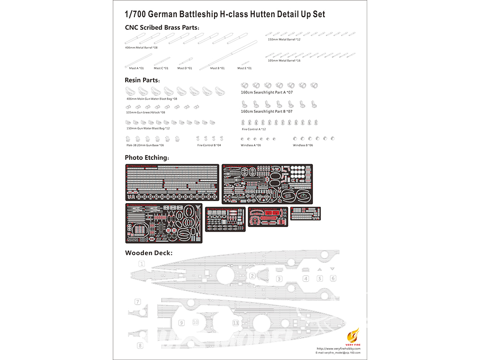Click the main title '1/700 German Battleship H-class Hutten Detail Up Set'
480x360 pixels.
pos(225,14)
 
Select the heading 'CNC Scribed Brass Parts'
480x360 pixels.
pos(162,27)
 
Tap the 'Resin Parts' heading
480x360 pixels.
pos(142,80)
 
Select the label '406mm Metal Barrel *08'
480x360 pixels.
pos(141,48)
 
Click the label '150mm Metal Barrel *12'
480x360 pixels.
pos(285,39)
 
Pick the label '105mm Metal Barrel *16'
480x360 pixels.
pos(285,60)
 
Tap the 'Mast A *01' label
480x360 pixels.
pos(136,68)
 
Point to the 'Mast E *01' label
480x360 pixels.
pos(244,68)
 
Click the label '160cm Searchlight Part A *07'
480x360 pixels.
pos(266,92)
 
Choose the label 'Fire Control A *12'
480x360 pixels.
pos(254,129)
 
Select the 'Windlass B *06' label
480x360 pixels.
pos(303,145)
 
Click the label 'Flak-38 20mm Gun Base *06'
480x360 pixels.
pos(144,145)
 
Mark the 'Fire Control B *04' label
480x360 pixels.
pos(209,145)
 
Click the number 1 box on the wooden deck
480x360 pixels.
pos(142,264)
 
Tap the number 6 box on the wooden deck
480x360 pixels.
pos(333,278)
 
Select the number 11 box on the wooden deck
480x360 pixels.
pos(235,323)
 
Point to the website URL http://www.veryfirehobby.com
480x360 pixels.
pos(338,348)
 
